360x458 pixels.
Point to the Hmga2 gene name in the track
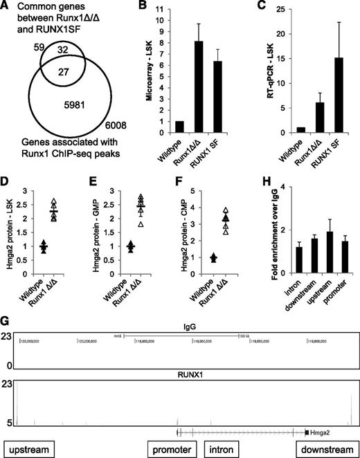click(324, 430)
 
